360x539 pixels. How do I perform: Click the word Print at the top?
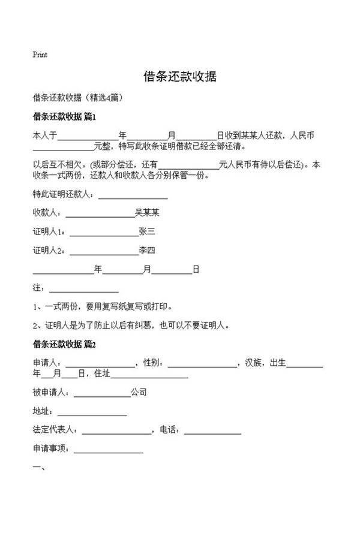[x=40, y=55]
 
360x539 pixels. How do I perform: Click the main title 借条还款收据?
[x=179, y=77]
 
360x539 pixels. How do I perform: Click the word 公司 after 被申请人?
[x=139, y=393]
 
